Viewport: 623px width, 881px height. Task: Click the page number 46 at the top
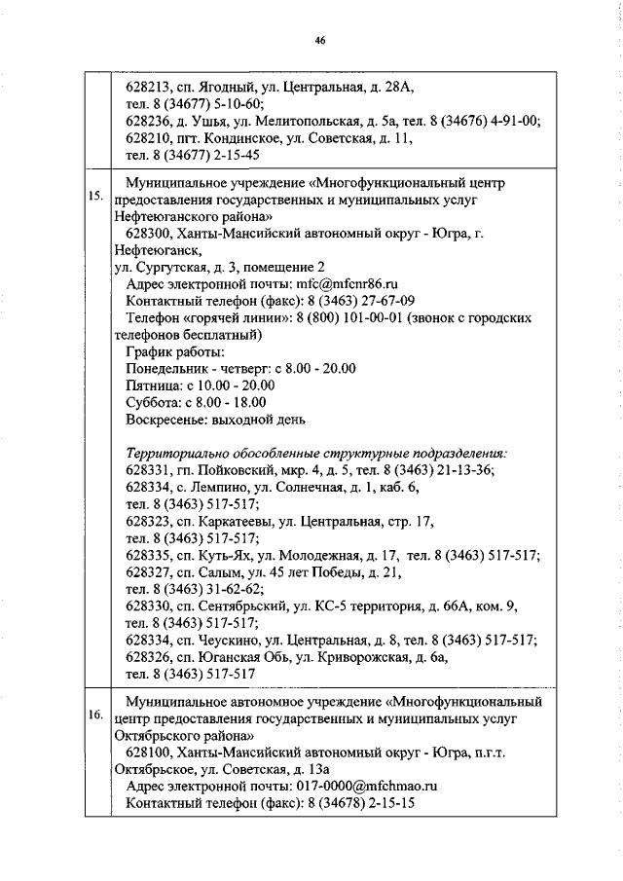click(x=319, y=40)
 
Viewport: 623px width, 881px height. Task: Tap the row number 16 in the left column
click(x=95, y=716)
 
